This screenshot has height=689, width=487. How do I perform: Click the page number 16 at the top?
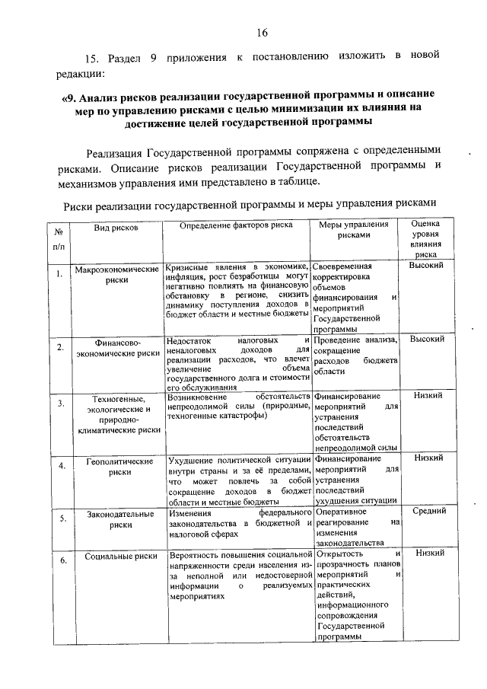pyautogui.click(x=263, y=32)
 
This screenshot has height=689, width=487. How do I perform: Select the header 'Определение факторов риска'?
pyautogui.click(x=236, y=226)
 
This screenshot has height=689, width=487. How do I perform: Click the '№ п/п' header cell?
pyautogui.click(x=59, y=238)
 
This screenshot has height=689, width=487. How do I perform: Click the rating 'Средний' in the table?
pyautogui.click(x=428, y=512)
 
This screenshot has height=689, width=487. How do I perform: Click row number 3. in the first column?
pyautogui.click(x=59, y=403)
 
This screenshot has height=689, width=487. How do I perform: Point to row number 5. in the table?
pyautogui.click(x=60, y=518)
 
